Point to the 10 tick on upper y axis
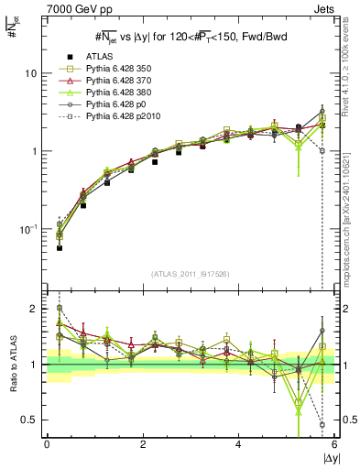31,72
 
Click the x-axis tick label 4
238,444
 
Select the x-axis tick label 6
334,444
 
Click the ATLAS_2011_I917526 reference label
190,275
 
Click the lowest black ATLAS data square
60,247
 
